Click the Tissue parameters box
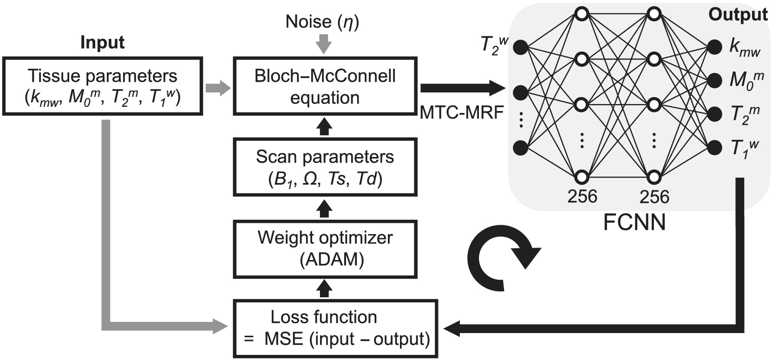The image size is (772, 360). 102,86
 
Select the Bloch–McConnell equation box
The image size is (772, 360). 325,86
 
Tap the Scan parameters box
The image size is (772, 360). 325,167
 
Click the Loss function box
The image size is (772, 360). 336,328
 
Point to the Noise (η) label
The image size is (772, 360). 322,22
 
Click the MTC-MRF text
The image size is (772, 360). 462,112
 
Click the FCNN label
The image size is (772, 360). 634,223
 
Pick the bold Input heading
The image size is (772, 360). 102,43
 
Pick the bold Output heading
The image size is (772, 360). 737,14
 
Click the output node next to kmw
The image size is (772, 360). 714,46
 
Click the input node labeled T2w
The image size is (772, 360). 521,46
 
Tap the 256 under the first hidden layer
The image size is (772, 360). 582,196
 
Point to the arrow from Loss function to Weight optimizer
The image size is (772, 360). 325,289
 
